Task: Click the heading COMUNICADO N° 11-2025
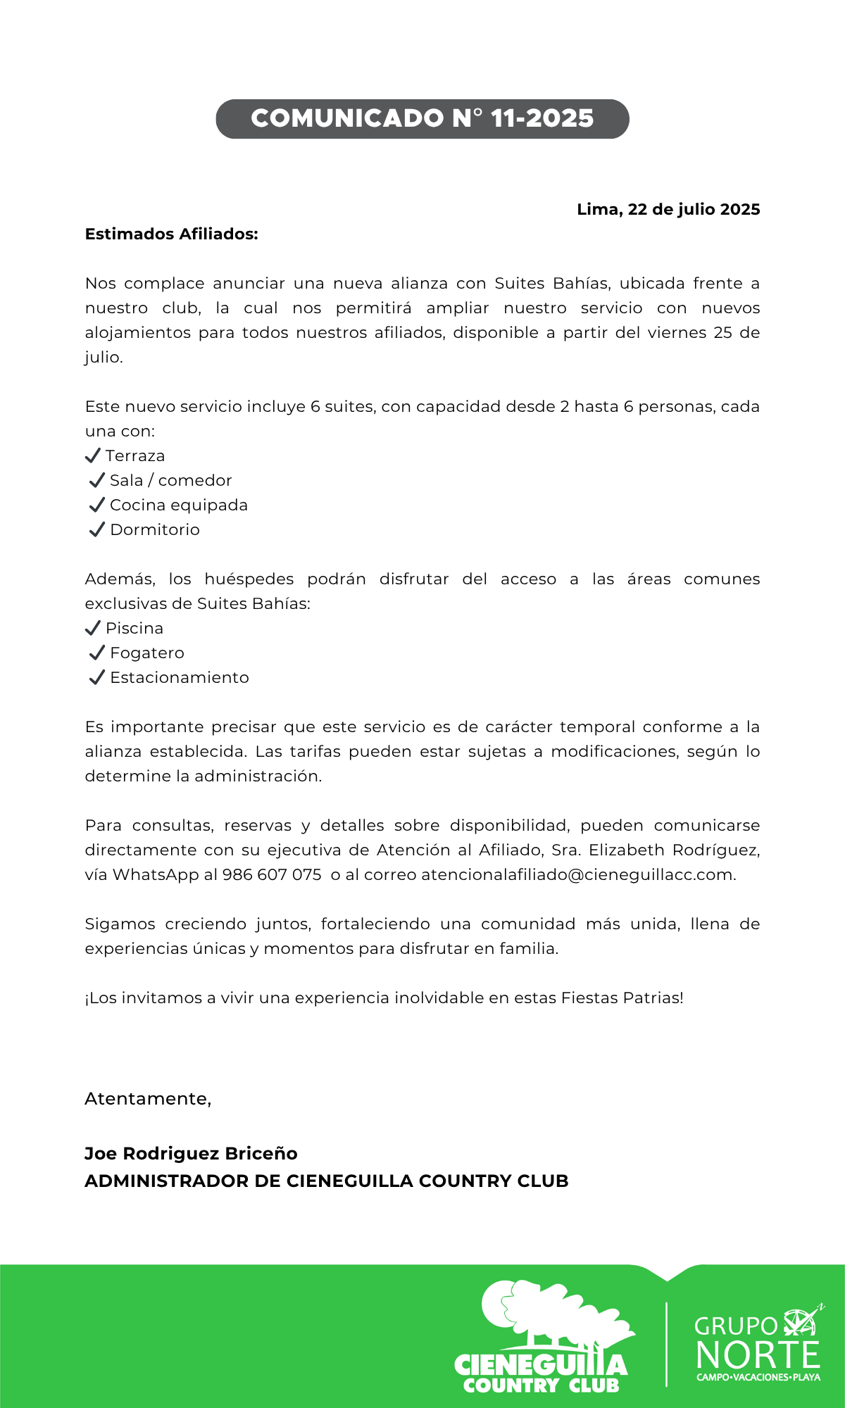(423, 118)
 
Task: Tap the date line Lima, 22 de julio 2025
(668, 209)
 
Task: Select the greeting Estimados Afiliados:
(171, 234)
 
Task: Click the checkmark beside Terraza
(92, 455)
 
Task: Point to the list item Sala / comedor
(170, 480)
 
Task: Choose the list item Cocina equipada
(179, 505)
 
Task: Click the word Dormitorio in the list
(155, 529)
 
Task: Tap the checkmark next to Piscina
(92, 628)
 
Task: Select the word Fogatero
(147, 653)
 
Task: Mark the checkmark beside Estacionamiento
(97, 677)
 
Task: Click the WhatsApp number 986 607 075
(272, 874)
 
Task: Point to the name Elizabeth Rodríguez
(673, 850)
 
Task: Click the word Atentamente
(147, 1098)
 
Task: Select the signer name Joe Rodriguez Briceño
(191, 1153)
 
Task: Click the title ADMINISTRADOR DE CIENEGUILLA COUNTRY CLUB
(327, 1181)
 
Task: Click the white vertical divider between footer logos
(666, 1344)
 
